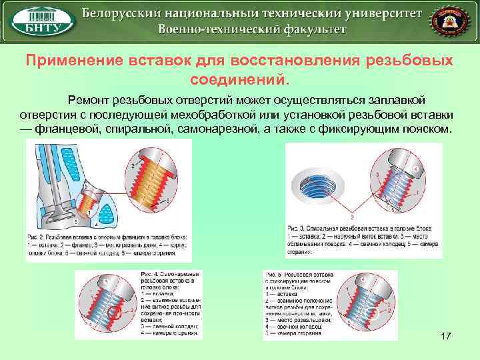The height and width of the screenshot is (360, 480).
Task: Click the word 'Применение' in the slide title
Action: coord(71,61)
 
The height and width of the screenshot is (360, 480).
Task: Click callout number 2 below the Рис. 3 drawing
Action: coord(352,217)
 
